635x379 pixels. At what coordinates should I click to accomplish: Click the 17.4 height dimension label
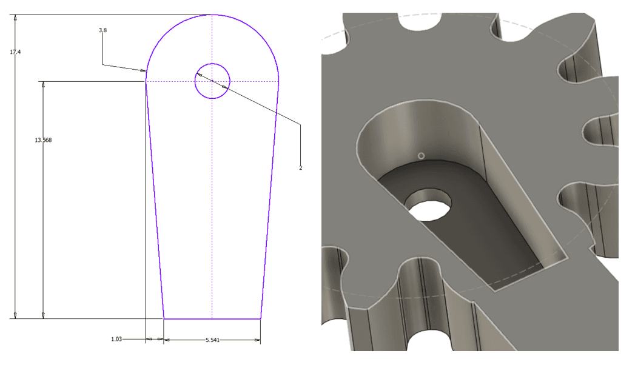pyautogui.click(x=15, y=52)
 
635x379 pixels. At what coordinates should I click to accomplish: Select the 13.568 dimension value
pyautogui.click(x=43, y=140)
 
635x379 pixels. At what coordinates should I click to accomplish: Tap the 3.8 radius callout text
pyautogui.click(x=102, y=30)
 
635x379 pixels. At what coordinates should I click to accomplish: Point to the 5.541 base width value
pyautogui.click(x=212, y=340)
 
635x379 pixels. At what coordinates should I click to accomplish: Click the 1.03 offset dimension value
pyautogui.click(x=116, y=339)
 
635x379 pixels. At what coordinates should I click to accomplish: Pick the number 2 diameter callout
pyautogui.click(x=300, y=167)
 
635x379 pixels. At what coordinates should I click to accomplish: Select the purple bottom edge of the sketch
pyautogui.click(x=212, y=318)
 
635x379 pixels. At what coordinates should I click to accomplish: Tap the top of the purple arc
pyautogui.click(x=212, y=15)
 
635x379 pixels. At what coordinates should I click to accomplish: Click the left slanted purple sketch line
pyautogui.click(x=155, y=200)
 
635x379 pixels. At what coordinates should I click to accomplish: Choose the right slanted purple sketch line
pyautogui.click(x=269, y=200)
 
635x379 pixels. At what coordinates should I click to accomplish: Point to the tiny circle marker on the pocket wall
pyautogui.click(x=422, y=155)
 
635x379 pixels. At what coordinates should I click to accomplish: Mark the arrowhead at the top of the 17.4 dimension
pyautogui.click(x=15, y=18)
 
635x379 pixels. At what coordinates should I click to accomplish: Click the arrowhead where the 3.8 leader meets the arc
pyautogui.click(x=143, y=70)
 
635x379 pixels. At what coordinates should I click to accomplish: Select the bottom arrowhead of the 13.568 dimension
pyautogui.click(x=43, y=315)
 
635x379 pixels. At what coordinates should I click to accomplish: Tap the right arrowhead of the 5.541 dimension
pyautogui.click(x=257, y=340)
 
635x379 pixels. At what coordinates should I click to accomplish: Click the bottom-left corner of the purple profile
pyautogui.click(x=164, y=318)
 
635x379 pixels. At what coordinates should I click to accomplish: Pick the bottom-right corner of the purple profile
pyautogui.click(x=261, y=318)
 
